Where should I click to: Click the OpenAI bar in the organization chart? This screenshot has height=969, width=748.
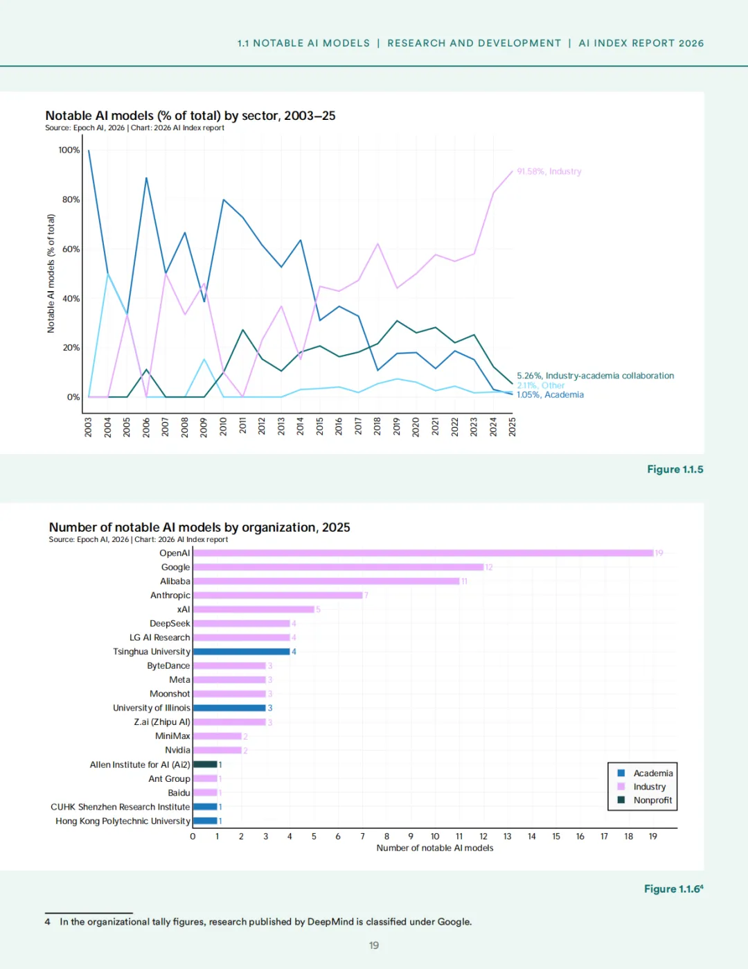click(422, 553)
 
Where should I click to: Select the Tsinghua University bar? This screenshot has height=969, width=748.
click(241, 652)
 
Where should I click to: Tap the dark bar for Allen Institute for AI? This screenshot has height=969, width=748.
click(205, 765)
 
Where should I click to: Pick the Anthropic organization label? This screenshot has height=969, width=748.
click(170, 595)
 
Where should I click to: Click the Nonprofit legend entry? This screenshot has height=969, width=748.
click(652, 800)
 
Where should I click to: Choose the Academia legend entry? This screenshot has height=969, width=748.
click(652, 773)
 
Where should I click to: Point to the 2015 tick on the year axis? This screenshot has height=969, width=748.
click(320, 426)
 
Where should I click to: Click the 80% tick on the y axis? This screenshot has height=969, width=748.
click(71, 200)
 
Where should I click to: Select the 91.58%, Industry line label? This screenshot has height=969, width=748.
click(549, 171)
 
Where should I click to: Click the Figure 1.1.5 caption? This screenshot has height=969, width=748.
click(675, 469)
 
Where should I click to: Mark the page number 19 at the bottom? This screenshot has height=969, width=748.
click(374, 945)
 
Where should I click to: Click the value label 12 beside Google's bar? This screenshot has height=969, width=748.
click(489, 568)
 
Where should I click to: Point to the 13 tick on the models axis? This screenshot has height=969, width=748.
click(508, 837)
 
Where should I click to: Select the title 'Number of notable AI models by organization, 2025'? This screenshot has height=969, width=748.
click(199, 527)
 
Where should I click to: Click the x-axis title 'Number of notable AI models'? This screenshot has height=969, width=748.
click(435, 848)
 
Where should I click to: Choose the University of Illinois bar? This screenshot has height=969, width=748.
click(229, 708)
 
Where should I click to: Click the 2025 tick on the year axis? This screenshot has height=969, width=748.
click(513, 426)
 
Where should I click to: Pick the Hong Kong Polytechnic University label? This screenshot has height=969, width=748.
click(123, 821)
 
